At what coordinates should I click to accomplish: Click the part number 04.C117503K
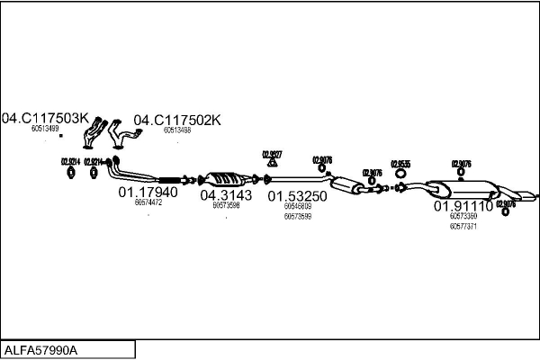click(x=45, y=118)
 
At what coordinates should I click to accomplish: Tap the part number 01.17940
click(x=148, y=192)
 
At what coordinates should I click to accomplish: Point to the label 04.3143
click(x=226, y=194)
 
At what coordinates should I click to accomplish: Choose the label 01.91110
click(x=463, y=206)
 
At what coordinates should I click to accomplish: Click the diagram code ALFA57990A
click(x=42, y=349)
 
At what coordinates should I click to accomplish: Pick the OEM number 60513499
click(x=45, y=129)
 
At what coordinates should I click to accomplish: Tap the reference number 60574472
click(x=148, y=202)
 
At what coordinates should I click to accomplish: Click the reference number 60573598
click(x=226, y=205)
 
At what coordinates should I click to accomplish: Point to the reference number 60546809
click(x=297, y=205)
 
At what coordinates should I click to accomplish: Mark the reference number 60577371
click(x=463, y=227)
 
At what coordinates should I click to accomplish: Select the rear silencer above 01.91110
click(x=463, y=190)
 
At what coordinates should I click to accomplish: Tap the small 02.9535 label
click(x=400, y=164)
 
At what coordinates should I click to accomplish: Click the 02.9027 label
click(x=272, y=154)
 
